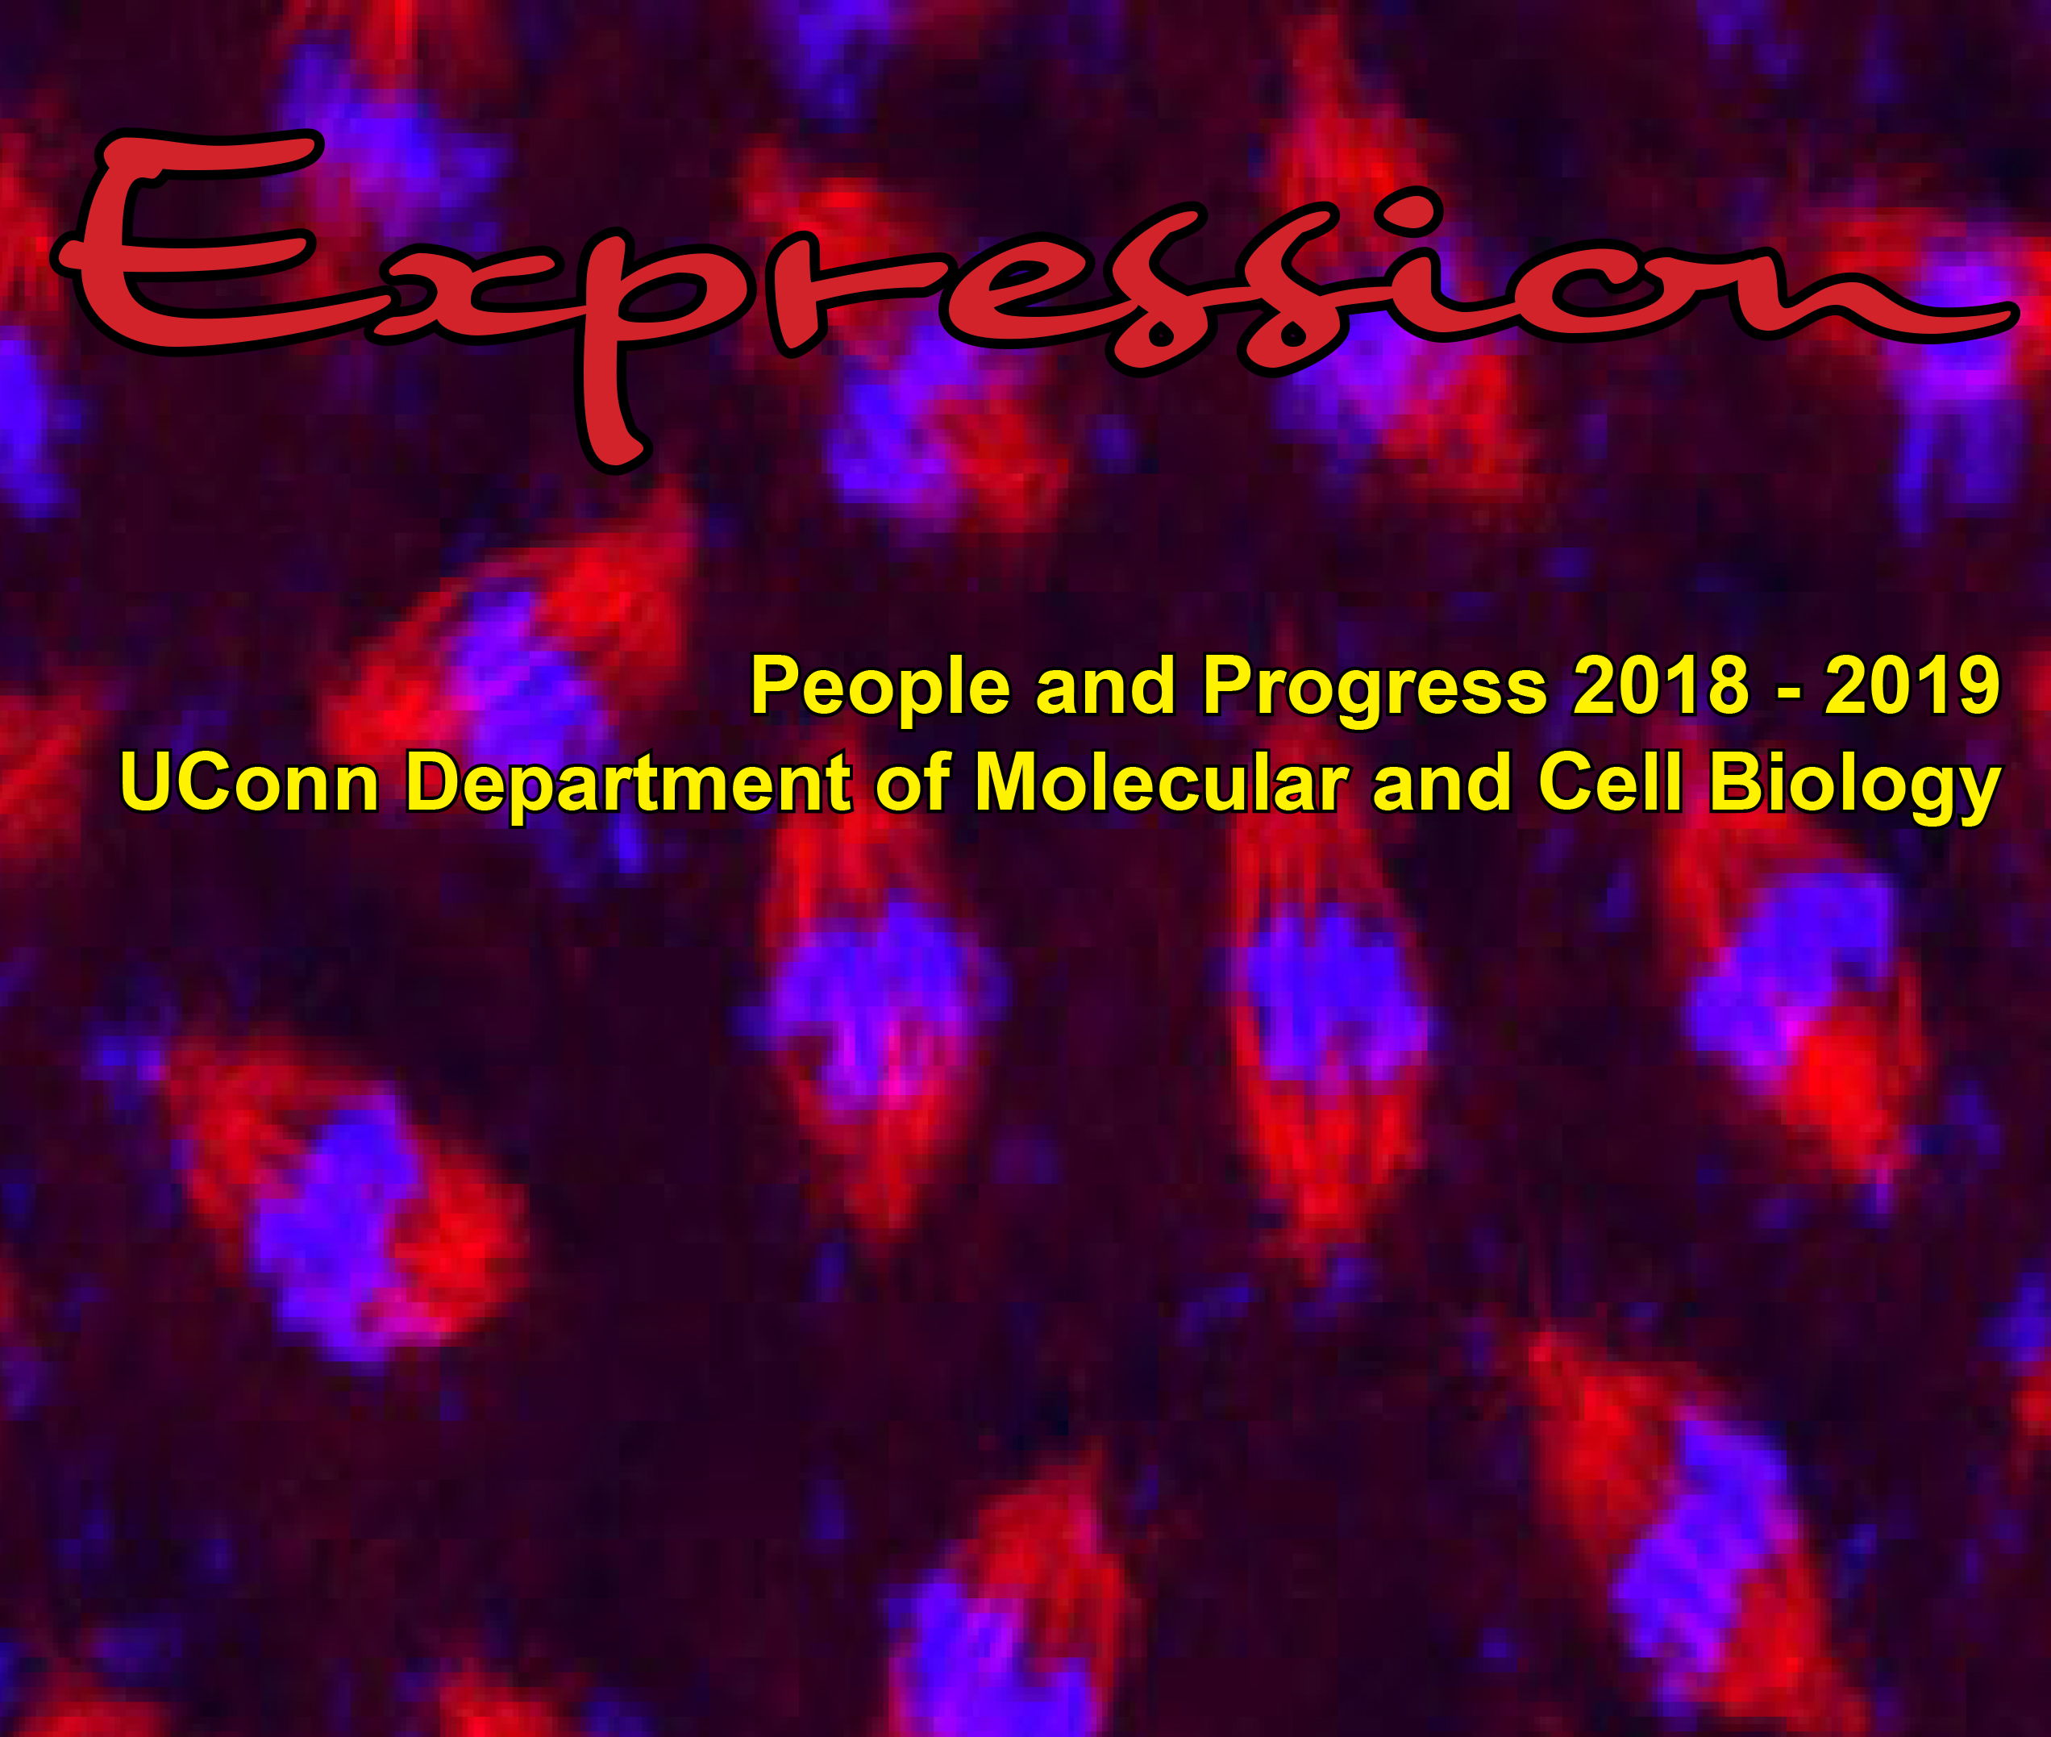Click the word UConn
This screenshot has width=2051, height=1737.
[x=249, y=783]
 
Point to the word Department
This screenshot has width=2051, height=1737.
[x=628, y=785]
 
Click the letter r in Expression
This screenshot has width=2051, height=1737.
[x=837, y=295]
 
